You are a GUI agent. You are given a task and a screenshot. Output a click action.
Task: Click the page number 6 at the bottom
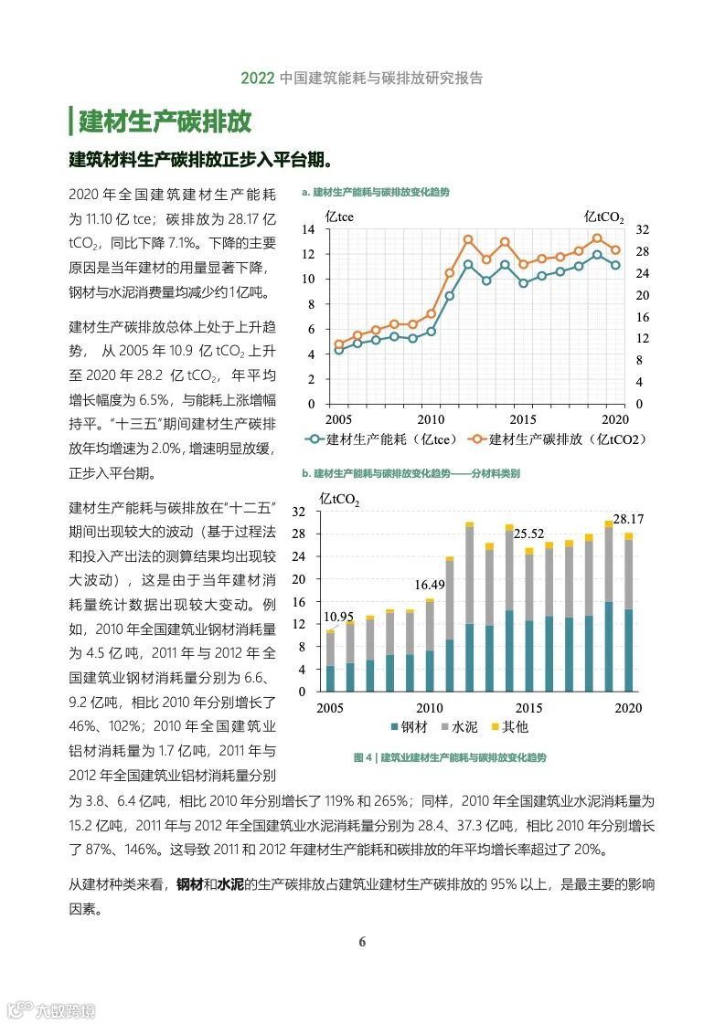tap(362, 942)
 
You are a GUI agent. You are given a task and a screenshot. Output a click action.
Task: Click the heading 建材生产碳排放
tap(165, 121)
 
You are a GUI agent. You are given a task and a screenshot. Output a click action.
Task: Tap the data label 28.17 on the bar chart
tap(628, 519)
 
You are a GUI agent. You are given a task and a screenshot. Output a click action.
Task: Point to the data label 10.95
tap(337, 618)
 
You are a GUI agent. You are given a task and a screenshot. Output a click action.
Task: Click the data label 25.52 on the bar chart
tap(528, 534)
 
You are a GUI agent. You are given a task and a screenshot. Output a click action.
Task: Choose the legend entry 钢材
tap(409, 727)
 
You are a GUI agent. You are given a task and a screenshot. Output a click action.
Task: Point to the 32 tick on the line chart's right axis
tap(643, 228)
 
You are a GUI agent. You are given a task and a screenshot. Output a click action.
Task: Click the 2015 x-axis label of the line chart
tap(523, 418)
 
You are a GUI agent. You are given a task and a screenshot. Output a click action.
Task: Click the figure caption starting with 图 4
tap(449, 757)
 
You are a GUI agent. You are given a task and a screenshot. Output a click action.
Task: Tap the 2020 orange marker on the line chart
tap(615, 250)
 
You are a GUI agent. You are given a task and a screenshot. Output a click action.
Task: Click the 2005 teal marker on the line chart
tap(338, 350)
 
